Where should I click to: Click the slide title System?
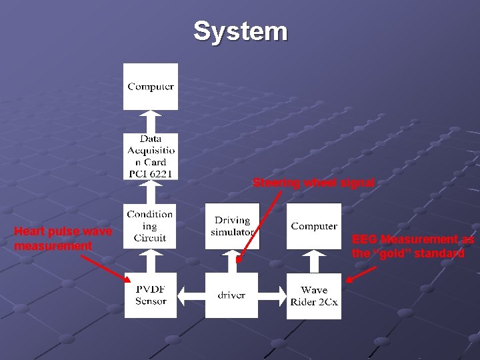[240, 31]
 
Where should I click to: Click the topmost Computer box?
[151, 86]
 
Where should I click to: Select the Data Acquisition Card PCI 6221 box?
[151, 156]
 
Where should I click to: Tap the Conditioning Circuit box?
[151, 226]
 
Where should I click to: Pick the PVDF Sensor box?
[151, 295]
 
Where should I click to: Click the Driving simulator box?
[232, 226]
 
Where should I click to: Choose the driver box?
[231, 295]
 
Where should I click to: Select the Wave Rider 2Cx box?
[314, 295]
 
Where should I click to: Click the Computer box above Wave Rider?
[314, 226]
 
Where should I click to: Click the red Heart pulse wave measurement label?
[63, 239]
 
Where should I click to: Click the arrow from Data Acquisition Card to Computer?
[151, 121]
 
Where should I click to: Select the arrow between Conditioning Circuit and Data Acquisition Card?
[151, 191]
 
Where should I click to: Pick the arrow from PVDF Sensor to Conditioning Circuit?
[151, 261]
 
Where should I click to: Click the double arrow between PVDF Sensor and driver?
[191, 295]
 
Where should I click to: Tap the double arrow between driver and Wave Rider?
[273, 295]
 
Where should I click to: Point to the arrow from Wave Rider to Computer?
[314, 261]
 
